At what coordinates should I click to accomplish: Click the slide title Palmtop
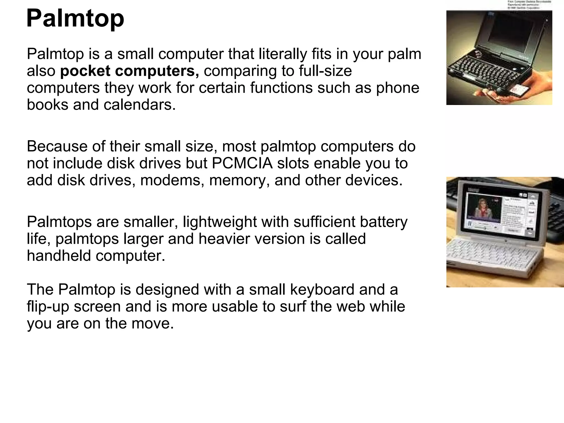75,18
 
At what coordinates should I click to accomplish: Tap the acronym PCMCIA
242,163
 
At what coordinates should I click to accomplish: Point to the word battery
384,222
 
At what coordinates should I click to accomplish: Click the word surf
292,307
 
